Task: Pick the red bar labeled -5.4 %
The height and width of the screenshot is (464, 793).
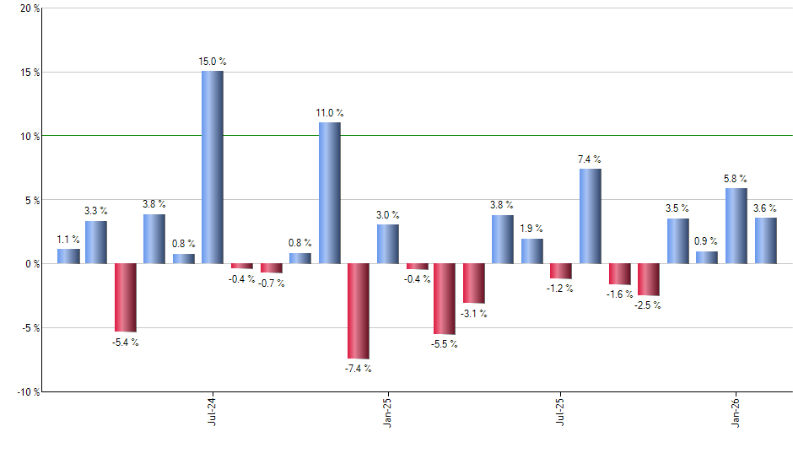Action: click(126, 297)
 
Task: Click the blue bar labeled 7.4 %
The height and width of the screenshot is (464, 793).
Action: click(591, 216)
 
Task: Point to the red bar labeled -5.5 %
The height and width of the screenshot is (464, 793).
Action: click(445, 299)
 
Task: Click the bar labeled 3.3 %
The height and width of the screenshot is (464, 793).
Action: click(96, 242)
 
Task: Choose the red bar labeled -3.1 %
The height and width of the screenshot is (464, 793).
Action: click(473, 283)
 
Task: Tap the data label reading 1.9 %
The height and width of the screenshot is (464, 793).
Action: click(531, 229)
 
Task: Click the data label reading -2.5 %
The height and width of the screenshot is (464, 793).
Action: click(648, 305)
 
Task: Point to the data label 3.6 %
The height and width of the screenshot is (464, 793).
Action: click(765, 208)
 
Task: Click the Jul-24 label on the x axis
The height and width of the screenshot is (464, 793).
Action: click(211, 411)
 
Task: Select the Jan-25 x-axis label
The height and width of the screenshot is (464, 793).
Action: click(386, 411)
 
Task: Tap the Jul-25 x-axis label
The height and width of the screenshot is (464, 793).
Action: click(561, 411)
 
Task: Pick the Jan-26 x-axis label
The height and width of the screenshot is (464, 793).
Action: click(736, 411)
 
